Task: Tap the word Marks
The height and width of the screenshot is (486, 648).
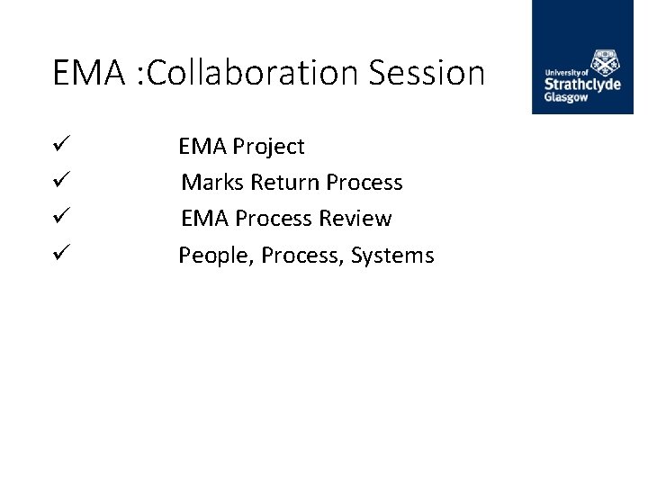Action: pyautogui.click(x=213, y=183)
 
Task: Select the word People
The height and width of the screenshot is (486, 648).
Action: pyautogui.click(x=217, y=256)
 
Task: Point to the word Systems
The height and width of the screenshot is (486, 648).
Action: pyautogui.click(x=392, y=256)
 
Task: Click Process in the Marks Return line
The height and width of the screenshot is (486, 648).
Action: pyautogui.click(x=364, y=183)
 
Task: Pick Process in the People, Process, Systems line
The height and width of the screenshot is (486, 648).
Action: pyautogui.click(x=303, y=256)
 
